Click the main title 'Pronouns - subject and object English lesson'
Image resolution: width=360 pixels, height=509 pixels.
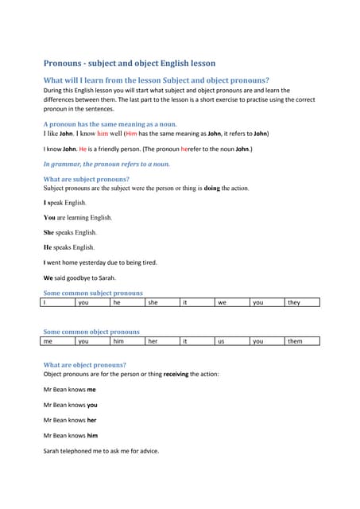pos(129,63)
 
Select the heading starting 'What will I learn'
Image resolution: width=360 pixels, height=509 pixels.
pos(156,80)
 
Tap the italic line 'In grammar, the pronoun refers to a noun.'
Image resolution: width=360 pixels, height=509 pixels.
pos(106,164)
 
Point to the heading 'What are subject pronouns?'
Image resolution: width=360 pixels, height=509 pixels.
pos(86,179)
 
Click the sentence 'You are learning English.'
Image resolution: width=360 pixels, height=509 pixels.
pos(78,217)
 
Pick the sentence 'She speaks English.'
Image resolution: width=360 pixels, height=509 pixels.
pos(70,232)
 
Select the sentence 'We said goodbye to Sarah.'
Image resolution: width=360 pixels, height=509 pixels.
pos(79,278)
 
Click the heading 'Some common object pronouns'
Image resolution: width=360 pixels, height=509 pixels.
pos(91,332)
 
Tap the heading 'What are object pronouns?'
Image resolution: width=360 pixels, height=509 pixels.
pos(84,365)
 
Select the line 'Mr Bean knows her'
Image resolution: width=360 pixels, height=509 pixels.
pos(70,420)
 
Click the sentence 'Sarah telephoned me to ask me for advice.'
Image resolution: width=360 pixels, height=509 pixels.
pos(101,451)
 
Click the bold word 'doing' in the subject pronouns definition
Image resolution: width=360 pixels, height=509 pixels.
pos(211,188)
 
